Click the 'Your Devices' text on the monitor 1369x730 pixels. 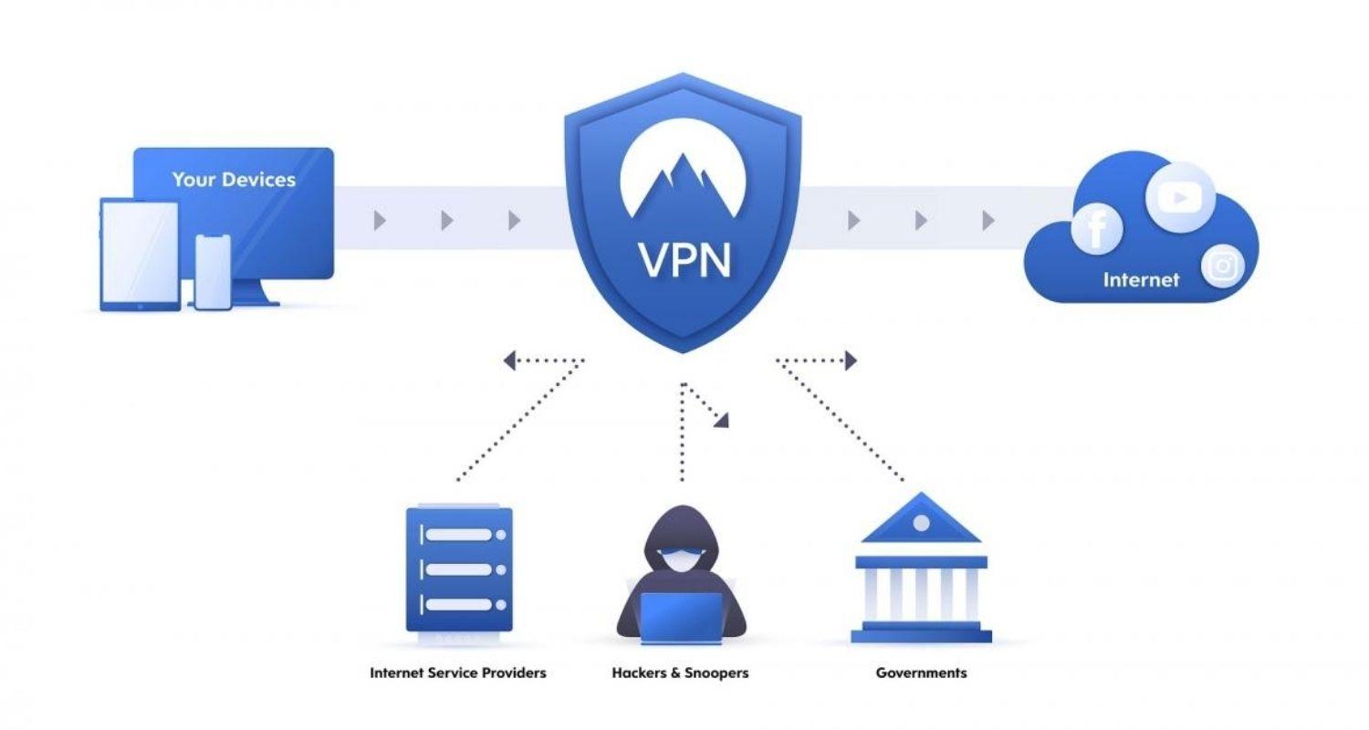click(x=234, y=180)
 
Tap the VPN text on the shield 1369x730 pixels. click(x=684, y=258)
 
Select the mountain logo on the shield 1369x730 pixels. click(x=684, y=182)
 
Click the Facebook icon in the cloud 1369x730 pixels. click(x=1096, y=229)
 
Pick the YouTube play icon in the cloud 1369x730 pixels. click(x=1180, y=197)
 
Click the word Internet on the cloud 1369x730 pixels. click(x=1141, y=280)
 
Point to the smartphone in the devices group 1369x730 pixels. click(x=213, y=271)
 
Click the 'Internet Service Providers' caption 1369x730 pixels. click(x=457, y=673)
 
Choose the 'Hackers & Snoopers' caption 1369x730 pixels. click(x=680, y=673)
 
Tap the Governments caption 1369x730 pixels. click(x=921, y=673)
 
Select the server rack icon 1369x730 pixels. click(x=459, y=570)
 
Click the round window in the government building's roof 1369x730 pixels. click(x=921, y=523)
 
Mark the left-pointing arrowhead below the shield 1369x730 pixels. click(x=509, y=361)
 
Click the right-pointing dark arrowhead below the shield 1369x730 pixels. click(x=851, y=361)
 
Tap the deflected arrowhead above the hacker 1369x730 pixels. click(x=722, y=420)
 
